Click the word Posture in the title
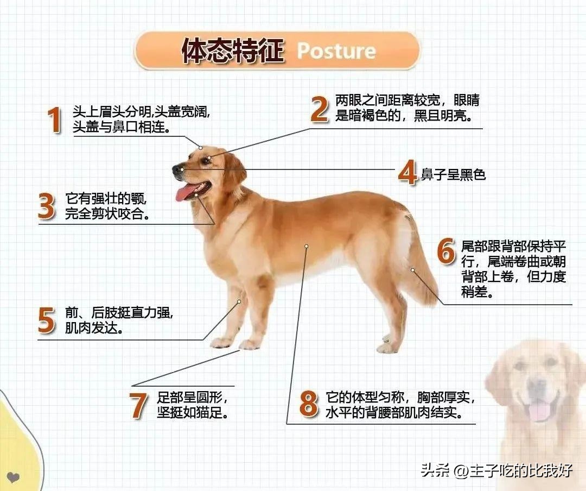coord(336,51)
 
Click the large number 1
coord(54,120)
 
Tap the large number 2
coord(320,109)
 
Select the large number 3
coord(47,206)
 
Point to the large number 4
coord(407,173)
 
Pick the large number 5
coord(47,320)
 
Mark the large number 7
coord(139,405)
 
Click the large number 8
coord(309,405)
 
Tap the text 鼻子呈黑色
coord(454,174)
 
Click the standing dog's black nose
coord(177,170)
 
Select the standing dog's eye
coord(206,160)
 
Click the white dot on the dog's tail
coord(412,269)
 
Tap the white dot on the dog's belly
coord(306,246)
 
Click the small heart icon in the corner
coord(14,478)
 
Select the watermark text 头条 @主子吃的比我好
coord(496,470)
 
